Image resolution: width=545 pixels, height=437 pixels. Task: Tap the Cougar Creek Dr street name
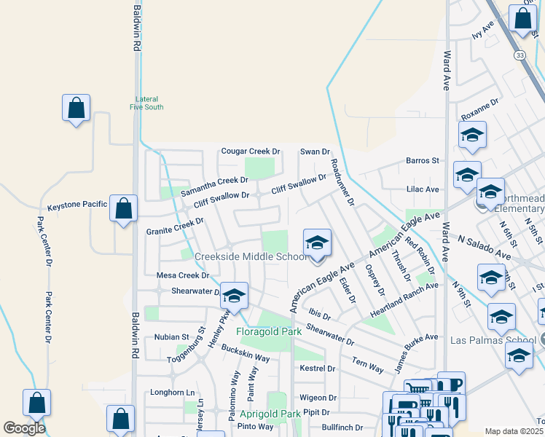(251, 151)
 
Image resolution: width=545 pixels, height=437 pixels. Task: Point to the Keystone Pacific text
(77, 206)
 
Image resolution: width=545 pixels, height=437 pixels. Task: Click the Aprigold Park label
(270, 414)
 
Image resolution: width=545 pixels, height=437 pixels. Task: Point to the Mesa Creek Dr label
(183, 276)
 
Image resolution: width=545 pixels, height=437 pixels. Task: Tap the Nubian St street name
(171, 337)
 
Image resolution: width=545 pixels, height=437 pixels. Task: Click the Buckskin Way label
(246, 354)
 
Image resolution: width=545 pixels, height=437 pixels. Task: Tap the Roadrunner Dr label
(342, 181)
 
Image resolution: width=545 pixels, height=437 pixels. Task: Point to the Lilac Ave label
(423, 189)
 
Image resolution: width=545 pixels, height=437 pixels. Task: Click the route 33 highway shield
(519, 55)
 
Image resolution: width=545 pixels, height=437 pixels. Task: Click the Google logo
(24, 428)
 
